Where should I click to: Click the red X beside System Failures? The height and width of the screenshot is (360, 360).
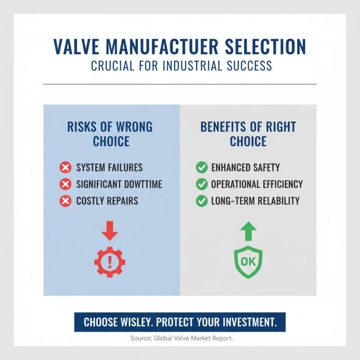[x=66, y=168]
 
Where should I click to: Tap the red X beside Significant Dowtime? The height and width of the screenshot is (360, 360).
[x=66, y=184]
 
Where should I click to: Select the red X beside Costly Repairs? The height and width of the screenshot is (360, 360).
[x=66, y=201]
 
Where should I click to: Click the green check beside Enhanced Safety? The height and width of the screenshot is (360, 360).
[x=202, y=168]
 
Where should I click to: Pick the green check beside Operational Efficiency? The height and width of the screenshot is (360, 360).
[x=202, y=184]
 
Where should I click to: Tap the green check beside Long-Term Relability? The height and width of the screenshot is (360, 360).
[x=202, y=201]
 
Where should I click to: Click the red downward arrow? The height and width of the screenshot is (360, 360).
[x=109, y=229]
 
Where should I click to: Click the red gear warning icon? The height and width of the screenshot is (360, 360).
[x=109, y=261]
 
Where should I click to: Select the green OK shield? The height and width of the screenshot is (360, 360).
[x=248, y=261]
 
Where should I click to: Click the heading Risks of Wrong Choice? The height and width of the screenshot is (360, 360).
[x=110, y=134]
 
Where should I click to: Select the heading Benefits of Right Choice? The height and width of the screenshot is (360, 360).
[x=248, y=134]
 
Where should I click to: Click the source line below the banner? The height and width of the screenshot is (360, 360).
[x=180, y=338]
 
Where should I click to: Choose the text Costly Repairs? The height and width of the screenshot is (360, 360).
[x=107, y=201]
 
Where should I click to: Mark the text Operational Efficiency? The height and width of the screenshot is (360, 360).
[x=257, y=184]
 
